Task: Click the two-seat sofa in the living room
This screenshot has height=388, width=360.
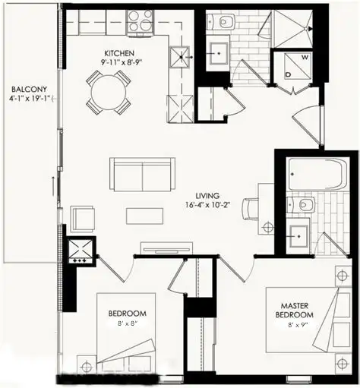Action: pyautogui.click(x=141, y=175)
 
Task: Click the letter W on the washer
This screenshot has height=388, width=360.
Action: pyautogui.click(x=305, y=57)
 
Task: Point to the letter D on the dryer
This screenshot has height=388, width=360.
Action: pyautogui.click(x=289, y=74)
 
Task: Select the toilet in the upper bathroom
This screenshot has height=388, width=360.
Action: pyautogui.click(x=225, y=23)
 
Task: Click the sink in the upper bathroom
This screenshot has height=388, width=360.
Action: pyautogui.click(x=216, y=52)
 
